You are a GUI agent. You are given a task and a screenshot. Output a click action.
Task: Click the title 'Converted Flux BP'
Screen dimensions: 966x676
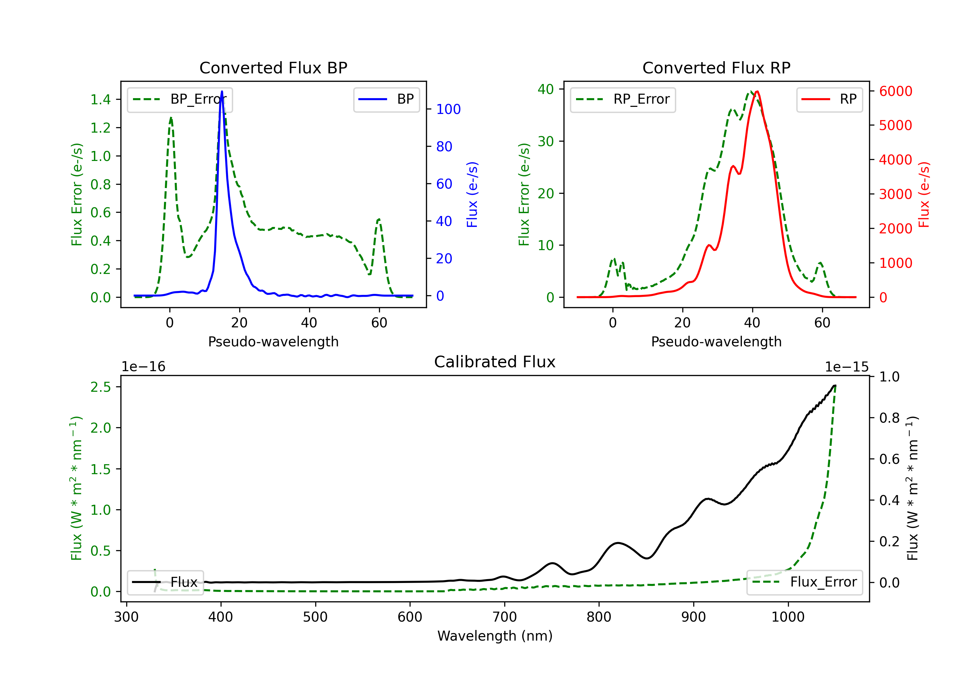click(273, 68)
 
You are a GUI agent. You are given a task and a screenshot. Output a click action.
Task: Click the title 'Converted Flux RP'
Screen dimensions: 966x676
click(716, 68)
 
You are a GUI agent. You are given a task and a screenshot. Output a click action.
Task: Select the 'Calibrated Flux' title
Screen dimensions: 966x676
click(495, 362)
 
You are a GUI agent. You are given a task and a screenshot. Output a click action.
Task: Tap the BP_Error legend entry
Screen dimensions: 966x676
click(180, 99)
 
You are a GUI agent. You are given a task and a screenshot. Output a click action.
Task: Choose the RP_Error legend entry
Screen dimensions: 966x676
click(623, 99)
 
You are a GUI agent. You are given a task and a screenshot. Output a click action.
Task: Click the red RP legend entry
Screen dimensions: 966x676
click(829, 99)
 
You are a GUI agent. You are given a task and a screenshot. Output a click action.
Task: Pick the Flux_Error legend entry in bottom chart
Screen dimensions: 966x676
click(804, 582)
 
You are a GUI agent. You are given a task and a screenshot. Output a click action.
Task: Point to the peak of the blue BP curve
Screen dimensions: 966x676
click(222, 91)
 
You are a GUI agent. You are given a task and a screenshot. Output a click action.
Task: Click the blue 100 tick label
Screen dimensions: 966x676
click(449, 109)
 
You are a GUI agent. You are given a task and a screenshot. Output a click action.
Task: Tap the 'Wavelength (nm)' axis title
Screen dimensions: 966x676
click(495, 636)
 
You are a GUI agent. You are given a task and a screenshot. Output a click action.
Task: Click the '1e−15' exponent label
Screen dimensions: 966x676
click(846, 367)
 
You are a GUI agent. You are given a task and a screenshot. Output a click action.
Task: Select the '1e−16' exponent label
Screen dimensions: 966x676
click(144, 367)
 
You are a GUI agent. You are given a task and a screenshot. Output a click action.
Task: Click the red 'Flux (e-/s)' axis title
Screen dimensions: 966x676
click(923, 195)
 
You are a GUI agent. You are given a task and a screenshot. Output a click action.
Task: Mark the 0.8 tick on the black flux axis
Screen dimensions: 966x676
click(889, 418)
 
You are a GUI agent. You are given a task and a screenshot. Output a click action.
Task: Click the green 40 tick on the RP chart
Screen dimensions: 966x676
click(546, 89)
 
